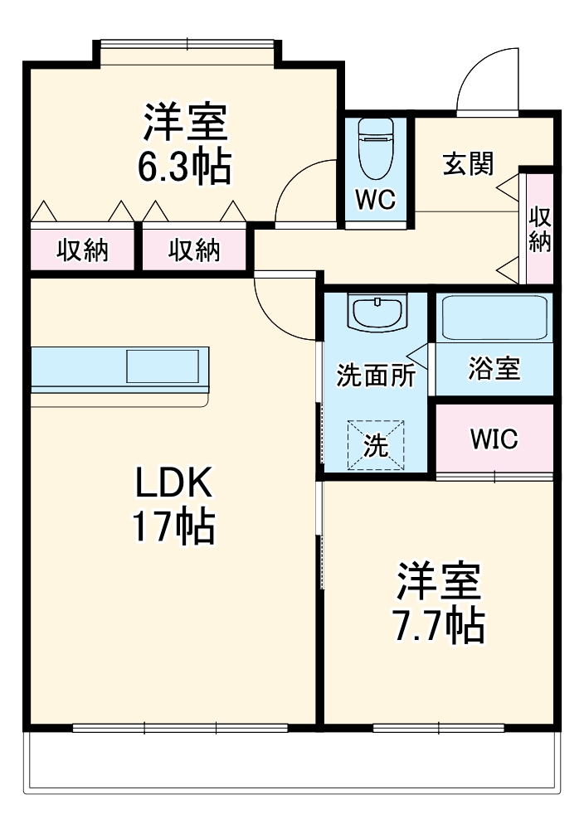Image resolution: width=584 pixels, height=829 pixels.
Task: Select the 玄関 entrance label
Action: tap(467, 164)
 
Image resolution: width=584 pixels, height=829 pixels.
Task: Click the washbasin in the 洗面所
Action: tap(378, 313)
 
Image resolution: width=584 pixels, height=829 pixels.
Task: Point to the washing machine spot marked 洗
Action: tap(376, 446)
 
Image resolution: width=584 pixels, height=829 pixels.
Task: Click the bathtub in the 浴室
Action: tap(494, 317)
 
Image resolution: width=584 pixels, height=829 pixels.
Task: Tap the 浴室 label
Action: tap(494, 370)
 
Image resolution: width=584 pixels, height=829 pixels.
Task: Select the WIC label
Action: tap(494, 439)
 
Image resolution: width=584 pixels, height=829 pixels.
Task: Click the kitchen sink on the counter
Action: tap(163, 366)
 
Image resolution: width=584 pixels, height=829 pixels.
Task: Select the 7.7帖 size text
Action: tap(438, 627)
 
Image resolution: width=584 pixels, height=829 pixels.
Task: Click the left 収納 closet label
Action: tap(82, 250)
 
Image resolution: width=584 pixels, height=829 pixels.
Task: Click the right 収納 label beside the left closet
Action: tap(195, 250)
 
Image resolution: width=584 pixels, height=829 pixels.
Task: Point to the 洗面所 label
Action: tap(375, 375)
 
